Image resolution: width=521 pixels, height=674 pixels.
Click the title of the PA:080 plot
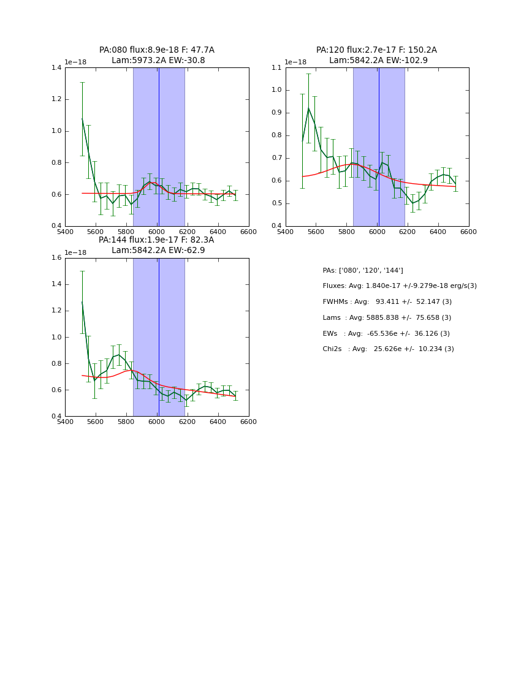[157, 55]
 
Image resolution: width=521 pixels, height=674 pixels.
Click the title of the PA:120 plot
[376, 55]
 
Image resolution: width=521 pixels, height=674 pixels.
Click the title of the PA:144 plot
[157, 245]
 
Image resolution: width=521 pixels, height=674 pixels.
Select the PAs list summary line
[363, 270]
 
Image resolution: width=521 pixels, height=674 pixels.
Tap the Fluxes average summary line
[400, 286]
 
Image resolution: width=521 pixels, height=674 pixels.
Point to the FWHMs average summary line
[387, 302]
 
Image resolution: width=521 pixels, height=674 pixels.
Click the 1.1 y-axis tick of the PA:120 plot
[276, 67]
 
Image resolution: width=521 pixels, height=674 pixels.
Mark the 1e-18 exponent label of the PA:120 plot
[295, 62]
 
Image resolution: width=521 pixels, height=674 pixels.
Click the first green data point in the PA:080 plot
[82, 119]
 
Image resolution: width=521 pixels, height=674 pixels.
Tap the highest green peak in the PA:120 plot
[308, 108]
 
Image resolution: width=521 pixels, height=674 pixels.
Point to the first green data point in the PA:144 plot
[82, 302]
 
